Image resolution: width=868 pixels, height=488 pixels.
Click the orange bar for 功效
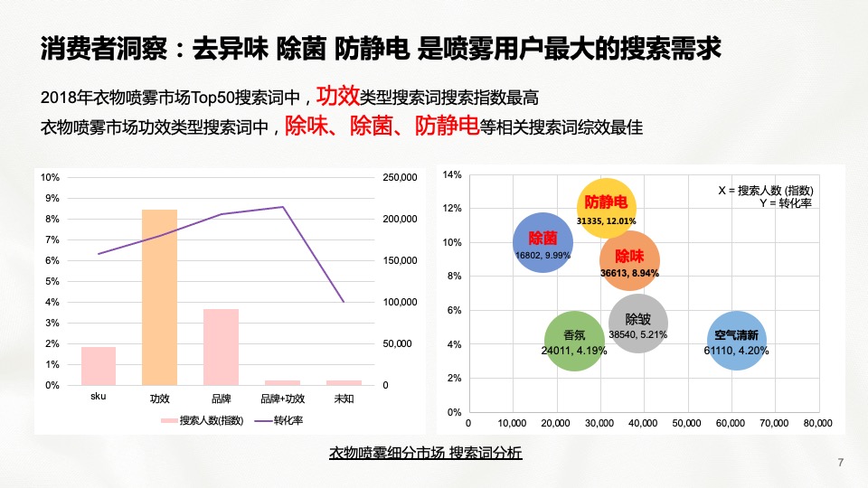[159, 297]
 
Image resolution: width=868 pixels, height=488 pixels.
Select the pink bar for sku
[99, 366]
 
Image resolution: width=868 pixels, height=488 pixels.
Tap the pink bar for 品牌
[221, 347]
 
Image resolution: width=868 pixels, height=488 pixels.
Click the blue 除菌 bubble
[542, 242]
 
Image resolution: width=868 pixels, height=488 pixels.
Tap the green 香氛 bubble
[574, 340]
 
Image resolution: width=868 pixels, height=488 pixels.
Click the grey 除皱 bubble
[637, 324]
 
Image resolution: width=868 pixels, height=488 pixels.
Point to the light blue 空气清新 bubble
[737, 341]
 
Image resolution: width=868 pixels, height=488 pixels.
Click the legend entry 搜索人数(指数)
[203, 420]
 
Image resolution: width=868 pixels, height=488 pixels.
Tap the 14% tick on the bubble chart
[452, 174]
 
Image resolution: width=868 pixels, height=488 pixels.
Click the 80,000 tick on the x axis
[817, 423]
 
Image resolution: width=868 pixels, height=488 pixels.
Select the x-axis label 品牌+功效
[282, 399]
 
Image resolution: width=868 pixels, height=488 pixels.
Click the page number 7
[841, 464]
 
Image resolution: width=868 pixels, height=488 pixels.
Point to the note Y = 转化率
[787, 202]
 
